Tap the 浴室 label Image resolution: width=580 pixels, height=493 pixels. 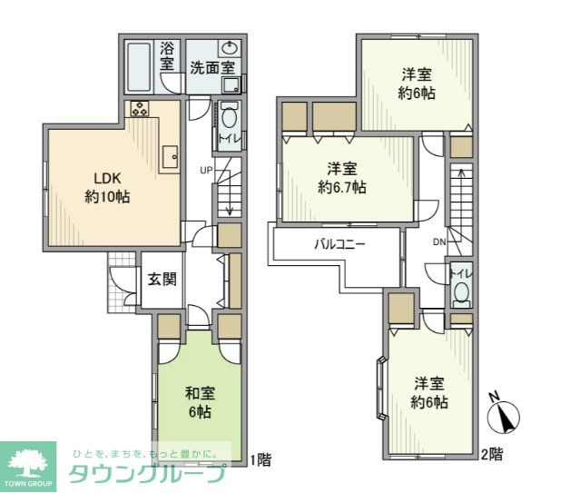tap(167, 56)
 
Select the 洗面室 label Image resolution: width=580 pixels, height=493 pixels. tap(212, 67)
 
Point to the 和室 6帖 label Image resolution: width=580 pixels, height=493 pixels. tap(200, 402)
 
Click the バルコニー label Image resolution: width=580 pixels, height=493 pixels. tap(339, 243)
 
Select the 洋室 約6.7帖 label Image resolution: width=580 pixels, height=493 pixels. tap(342, 178)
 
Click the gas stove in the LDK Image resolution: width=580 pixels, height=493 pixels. tap(142, 110)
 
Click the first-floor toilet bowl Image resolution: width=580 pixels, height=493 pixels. tap(228, 119)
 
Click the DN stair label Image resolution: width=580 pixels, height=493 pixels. tap(439, 242)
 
